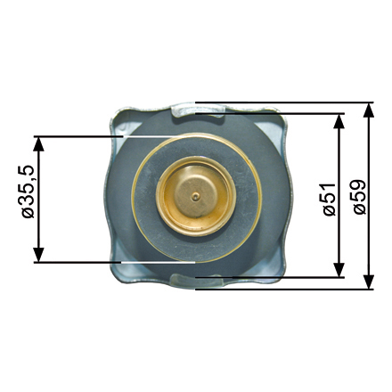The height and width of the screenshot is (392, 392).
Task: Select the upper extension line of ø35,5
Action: (80, 136)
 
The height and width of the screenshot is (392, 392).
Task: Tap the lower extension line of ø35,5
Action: (80, 262)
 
